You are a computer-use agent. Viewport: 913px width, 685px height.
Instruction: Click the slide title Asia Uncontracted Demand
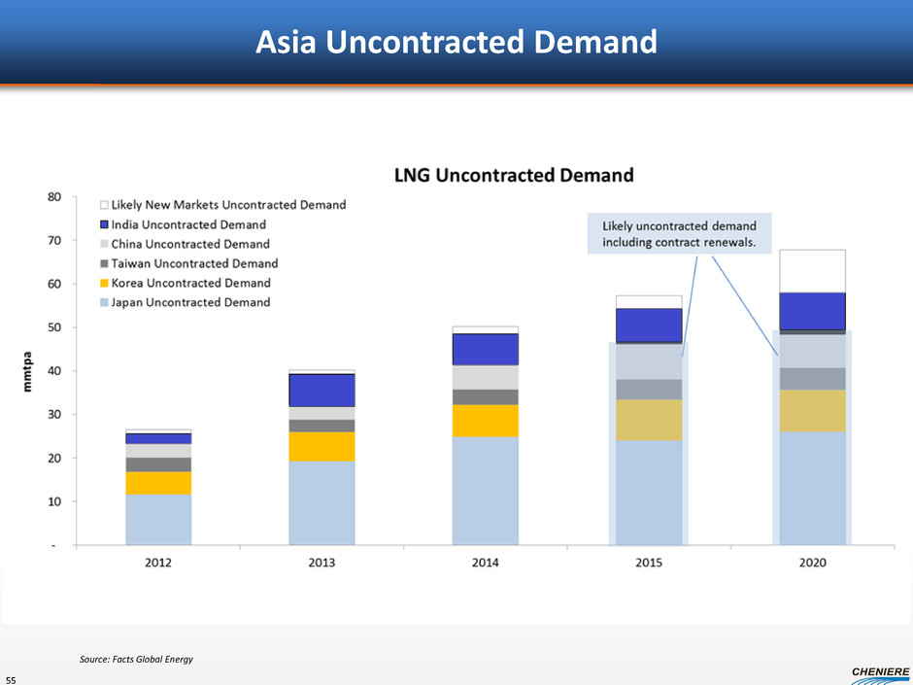pos(456,42)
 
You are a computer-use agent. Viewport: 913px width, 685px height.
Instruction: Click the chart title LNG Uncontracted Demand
pos(513,176)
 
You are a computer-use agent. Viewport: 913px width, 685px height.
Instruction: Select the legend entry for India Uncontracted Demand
pos(188,224)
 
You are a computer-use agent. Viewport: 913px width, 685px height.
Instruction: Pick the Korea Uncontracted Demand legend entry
pos(190,283)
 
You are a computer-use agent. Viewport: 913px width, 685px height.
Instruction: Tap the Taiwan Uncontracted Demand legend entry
pos(194,263)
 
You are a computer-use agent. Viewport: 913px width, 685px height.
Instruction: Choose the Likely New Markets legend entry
pos(228,205)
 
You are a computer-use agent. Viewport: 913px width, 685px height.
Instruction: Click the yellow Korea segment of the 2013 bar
pos(321,447)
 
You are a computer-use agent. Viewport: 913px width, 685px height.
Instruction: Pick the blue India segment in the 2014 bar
pos(485,350)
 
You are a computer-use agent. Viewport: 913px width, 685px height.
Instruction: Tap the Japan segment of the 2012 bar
pos(158,520)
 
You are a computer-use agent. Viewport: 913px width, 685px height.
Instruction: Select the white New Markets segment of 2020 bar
pos(812,271)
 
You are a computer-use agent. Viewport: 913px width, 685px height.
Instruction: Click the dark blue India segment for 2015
pos(649,325)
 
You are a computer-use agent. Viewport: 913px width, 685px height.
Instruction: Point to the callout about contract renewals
pos(679,233)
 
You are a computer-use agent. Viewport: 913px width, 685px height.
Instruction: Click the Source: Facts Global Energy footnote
pos(136,661)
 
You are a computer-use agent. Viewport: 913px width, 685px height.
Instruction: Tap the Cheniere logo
pos(879,671)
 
